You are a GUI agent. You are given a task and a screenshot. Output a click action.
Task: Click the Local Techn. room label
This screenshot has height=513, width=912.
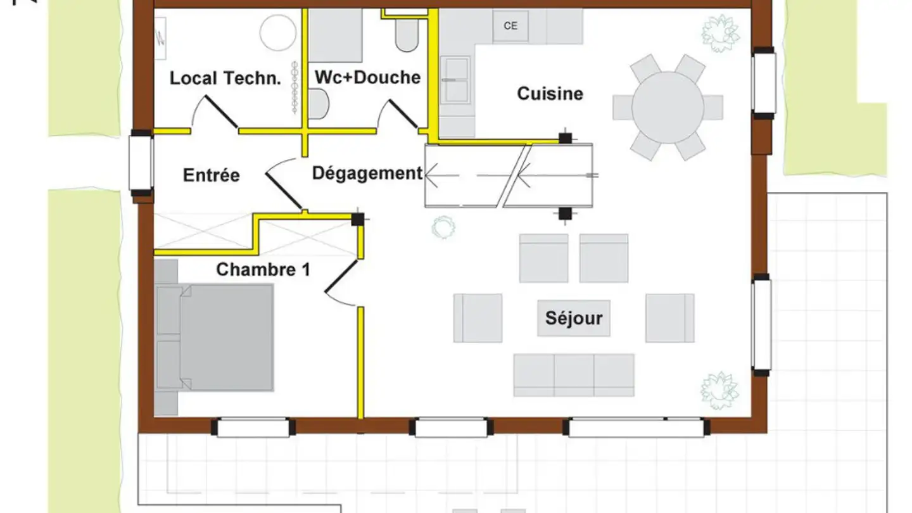[225, 78]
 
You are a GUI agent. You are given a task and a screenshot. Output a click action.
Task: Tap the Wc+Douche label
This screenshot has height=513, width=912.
[367, 77]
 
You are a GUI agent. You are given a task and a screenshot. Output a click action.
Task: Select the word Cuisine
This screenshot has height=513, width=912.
[550, 94]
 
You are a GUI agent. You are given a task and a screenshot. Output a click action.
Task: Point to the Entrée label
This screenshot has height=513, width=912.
[212, 175]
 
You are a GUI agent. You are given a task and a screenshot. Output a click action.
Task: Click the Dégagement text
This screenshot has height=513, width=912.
[367, 174]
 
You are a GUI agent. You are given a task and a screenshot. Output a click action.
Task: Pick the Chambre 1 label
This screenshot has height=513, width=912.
[263, 270]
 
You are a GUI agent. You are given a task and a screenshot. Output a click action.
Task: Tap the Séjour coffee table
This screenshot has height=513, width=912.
[574, 319]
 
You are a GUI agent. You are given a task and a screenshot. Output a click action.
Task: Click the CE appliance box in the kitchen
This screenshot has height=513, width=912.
[510, 26]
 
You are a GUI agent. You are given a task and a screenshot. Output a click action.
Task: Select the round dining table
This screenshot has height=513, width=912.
[668, 108]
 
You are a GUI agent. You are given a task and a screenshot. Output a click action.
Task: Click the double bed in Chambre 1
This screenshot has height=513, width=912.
[215, 338]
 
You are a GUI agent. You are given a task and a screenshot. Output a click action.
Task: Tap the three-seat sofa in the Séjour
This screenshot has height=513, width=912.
[574, 375]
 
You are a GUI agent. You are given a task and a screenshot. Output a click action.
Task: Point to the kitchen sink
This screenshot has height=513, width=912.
[455, 80]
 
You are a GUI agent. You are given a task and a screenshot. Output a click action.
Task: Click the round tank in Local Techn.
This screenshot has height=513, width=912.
[278, 32]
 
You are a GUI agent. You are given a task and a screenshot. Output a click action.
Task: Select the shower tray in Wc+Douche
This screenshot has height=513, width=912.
[336, 35]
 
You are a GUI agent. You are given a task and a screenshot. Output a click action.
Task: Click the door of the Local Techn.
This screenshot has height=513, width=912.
[221, 111]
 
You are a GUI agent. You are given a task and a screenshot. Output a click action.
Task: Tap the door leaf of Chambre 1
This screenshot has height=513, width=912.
[341, 276]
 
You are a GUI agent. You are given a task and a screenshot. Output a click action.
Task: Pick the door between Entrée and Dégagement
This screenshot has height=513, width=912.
[283, 191]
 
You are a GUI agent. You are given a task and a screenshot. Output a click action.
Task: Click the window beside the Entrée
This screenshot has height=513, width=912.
[141, 163]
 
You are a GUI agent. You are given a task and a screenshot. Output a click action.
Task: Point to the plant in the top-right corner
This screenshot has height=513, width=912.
[720, 34]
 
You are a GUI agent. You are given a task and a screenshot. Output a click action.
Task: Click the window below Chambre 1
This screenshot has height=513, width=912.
[253, 427]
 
